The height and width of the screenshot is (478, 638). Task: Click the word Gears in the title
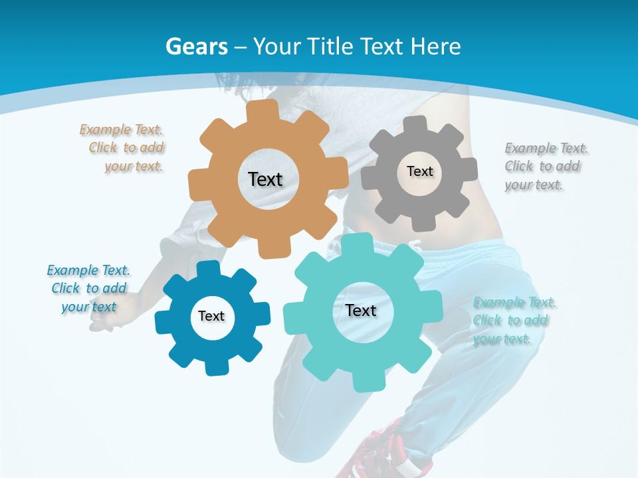point(197,46)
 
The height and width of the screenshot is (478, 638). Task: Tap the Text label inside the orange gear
point(265,179)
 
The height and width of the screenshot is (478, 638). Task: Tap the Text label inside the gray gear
point(419,171)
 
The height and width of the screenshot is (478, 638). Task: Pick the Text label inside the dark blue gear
point(211,316)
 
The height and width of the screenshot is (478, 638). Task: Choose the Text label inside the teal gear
point(361,310)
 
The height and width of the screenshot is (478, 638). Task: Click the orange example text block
point(124,148)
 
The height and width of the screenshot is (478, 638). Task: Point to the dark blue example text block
point(88,288)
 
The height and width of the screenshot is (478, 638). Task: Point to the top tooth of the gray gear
point(415,123)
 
